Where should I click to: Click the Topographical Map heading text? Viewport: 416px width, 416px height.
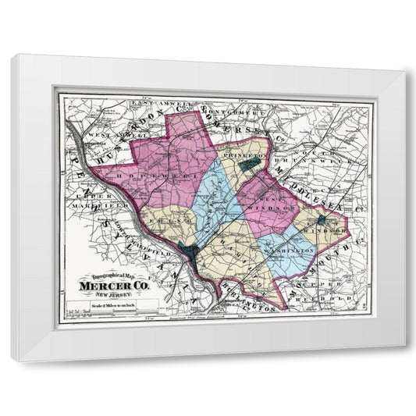pos(112,277)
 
